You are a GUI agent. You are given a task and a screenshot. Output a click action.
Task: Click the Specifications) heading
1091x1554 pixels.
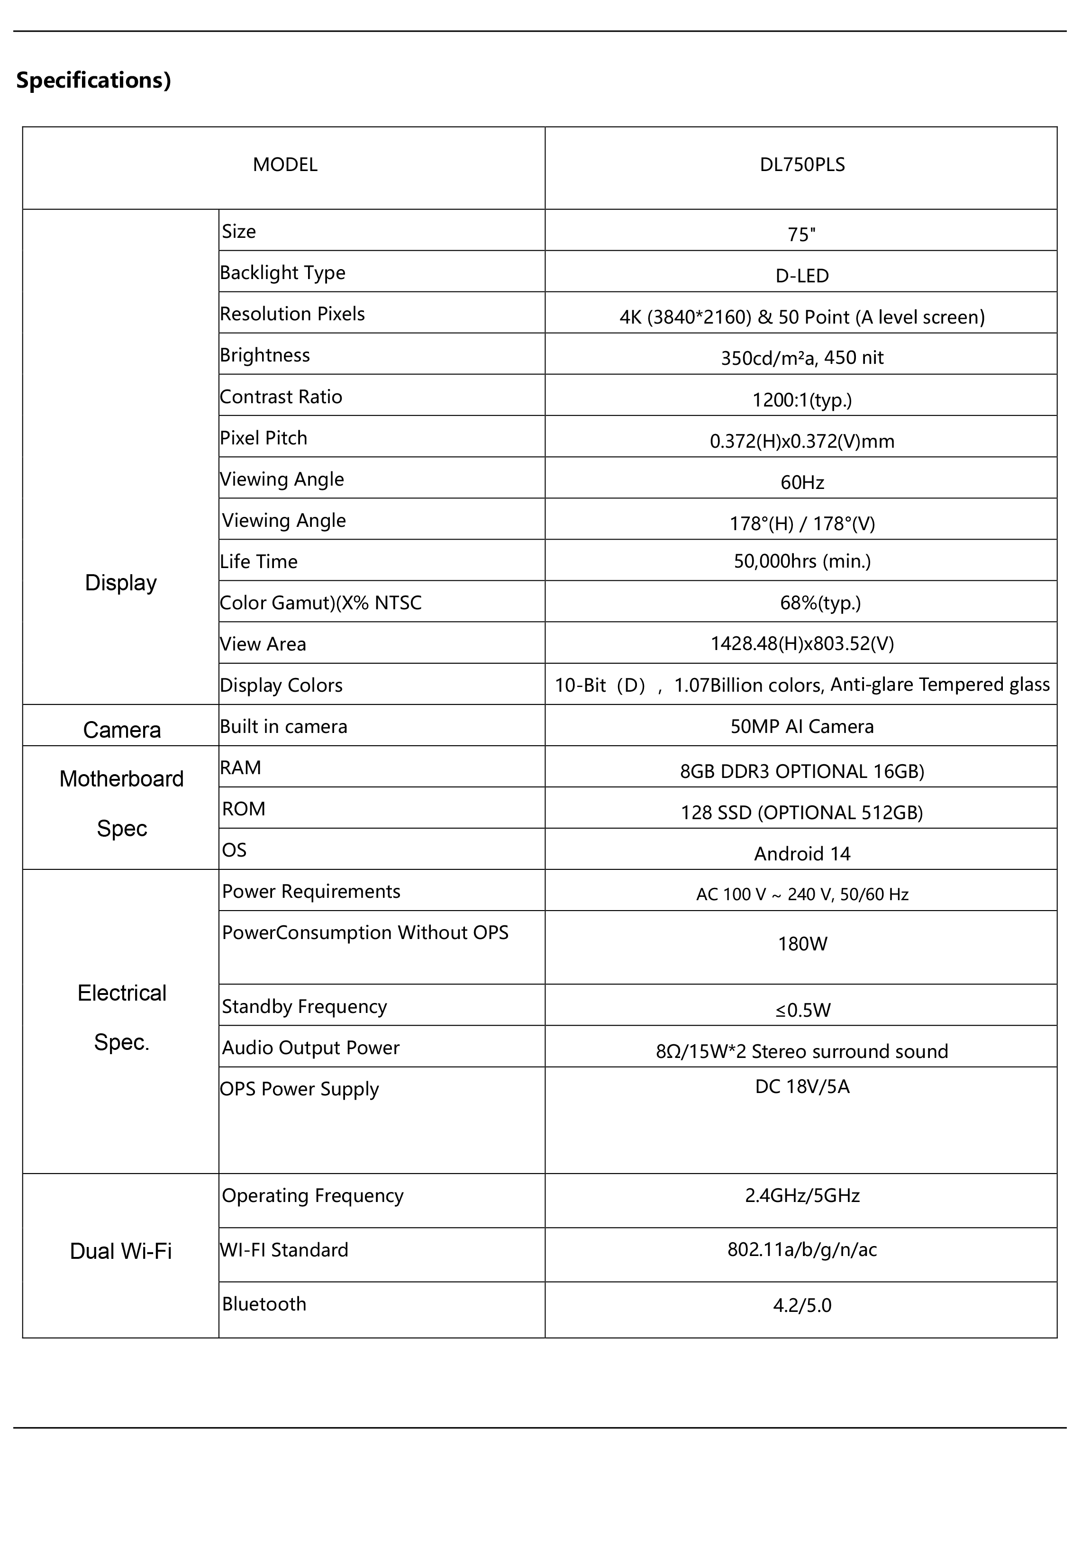93,80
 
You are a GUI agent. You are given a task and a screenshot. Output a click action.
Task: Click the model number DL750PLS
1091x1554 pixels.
802,165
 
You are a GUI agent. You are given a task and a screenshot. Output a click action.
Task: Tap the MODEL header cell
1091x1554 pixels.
285,165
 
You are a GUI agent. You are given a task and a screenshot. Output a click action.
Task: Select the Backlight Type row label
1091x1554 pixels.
282,273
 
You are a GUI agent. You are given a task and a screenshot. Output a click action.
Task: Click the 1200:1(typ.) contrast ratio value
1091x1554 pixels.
802,400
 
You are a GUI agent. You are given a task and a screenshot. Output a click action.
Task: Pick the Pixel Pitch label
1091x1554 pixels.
264,438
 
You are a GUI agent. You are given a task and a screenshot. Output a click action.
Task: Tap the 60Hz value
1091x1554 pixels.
802,483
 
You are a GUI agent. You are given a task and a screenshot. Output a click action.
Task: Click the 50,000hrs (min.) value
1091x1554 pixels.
802,561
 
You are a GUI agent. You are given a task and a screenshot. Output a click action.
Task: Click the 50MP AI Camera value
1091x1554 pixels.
802,726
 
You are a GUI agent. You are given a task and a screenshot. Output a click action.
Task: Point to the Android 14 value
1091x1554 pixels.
802,853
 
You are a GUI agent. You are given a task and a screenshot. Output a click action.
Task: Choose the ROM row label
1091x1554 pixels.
244,809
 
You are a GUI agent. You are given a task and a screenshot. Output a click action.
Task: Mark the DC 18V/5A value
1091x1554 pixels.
802,1086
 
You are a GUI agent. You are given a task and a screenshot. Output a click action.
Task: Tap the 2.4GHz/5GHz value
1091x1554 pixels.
802,1195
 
